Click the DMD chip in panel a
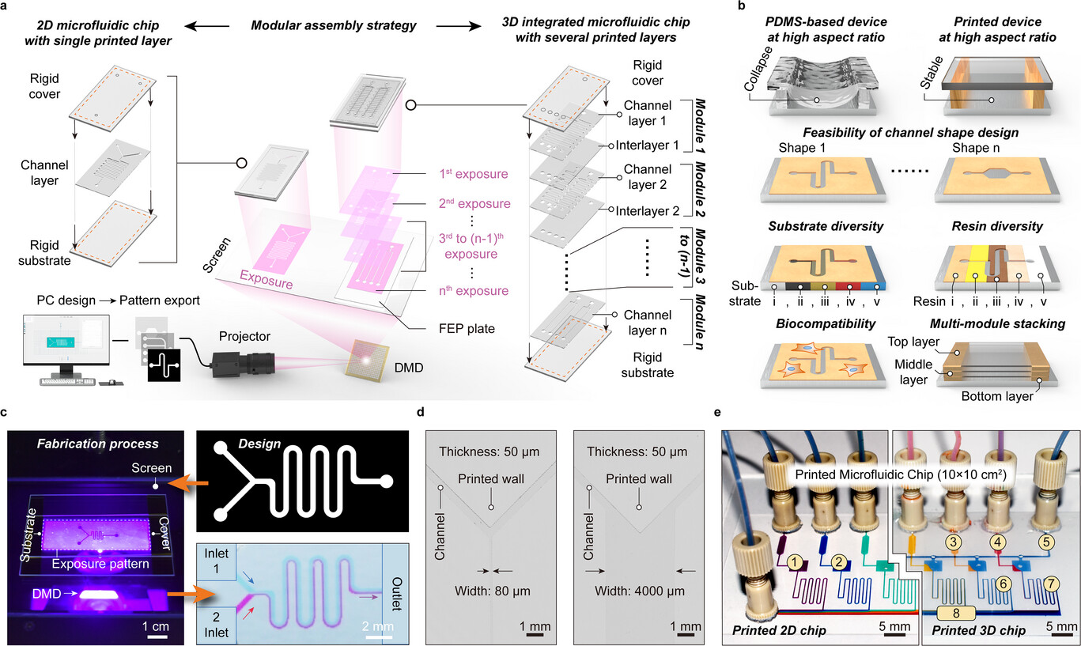coord(367,361)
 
